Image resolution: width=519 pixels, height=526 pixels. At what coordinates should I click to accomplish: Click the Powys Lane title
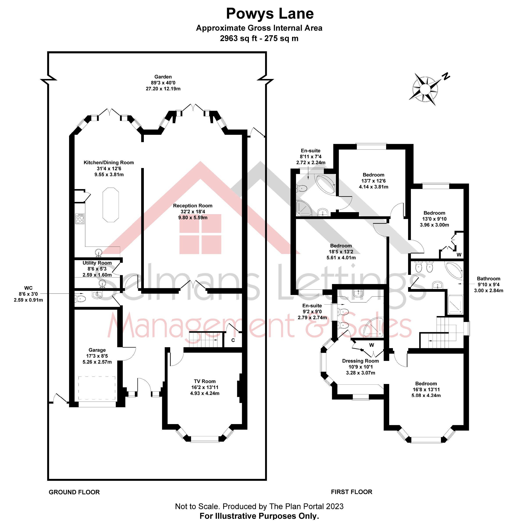tap(269, 14)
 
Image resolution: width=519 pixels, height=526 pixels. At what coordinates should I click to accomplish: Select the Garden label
tap(163, 77)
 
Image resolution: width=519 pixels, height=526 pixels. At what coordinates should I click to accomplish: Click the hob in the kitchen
tap(80, 219)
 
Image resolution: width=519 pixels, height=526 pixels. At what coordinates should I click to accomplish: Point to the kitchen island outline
tap(111, 205)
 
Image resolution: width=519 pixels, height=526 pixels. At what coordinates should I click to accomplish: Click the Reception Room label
tap(193, 206)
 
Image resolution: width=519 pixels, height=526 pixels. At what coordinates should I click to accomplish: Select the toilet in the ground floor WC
tap(80, 299)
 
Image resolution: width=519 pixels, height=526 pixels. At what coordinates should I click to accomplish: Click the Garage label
tap(97, 350)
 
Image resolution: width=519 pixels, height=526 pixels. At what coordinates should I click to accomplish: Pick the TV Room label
tap(205, 381)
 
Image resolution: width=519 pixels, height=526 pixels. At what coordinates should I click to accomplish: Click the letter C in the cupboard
tap(233, 340)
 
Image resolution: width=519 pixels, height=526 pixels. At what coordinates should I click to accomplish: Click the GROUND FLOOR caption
tap(74, 492)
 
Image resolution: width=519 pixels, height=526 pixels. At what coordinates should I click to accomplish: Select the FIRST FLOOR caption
tap(351, 492)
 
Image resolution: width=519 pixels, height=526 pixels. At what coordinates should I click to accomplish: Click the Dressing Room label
tap(360, 361)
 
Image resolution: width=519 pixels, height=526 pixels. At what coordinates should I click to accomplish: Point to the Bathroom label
tap(489, 279)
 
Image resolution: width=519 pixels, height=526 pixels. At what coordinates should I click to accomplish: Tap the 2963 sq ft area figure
tap(238, 38)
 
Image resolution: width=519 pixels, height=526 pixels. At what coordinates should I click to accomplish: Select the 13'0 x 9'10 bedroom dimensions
tap(434, 219)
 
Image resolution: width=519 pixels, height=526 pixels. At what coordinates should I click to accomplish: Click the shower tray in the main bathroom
tap(455, 305)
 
